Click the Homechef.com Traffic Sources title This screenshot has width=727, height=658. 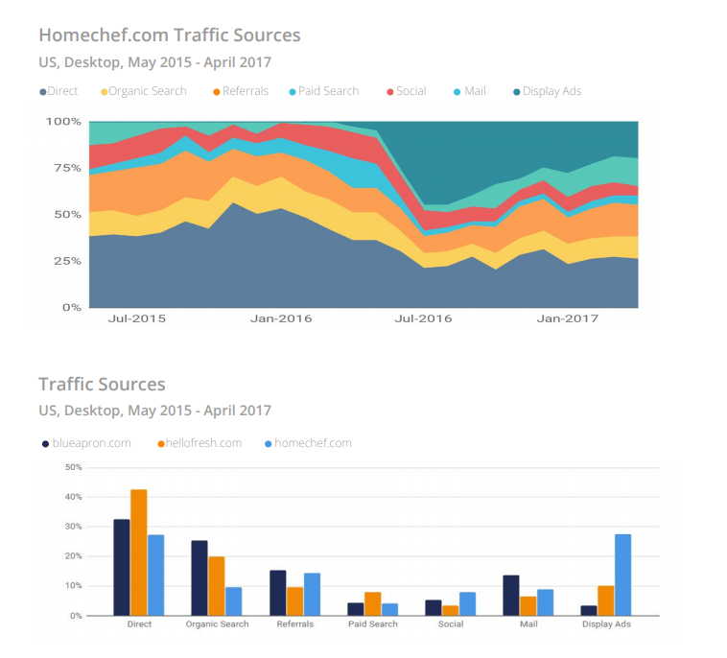[169, 35]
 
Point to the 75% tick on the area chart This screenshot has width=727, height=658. [64, 168]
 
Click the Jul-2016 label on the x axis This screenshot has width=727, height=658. [424, 317]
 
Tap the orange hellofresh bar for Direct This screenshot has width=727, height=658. [139, 552]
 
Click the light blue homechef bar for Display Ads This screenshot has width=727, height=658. [622, 575]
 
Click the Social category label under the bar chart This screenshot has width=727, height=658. [451, 624]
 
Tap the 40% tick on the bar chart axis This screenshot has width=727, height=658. [72, 497]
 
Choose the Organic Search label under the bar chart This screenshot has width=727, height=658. [217, 624]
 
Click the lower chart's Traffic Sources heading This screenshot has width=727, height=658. [102, 385]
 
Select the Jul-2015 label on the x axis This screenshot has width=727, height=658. [136, 317]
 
